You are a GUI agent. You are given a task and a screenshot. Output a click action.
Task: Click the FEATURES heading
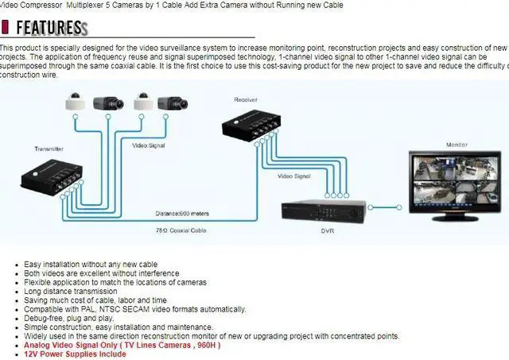tap(49, 28)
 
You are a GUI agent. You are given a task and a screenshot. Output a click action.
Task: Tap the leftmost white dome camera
tap(74, 101)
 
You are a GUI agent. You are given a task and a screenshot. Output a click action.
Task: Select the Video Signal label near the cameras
tap(150, 146)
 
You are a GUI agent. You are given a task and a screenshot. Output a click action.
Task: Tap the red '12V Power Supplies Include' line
tap(75, 354)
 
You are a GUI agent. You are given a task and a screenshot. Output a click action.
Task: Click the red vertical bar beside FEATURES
tap(6, 28)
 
